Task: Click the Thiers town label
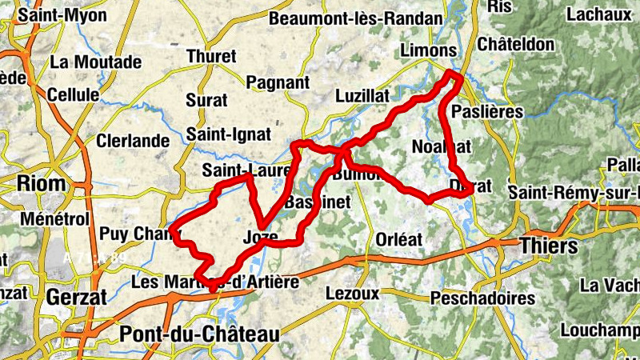(549, 246)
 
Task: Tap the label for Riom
(41, 183)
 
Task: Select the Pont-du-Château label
(199, 334)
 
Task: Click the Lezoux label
(353, 294)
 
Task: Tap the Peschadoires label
(482, 298)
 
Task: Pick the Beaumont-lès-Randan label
(356, 18)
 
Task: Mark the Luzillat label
(362, 95)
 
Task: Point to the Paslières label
(487, 111)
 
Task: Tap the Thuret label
(211, 56)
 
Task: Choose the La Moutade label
(95, 62)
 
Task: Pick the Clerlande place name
(133, 141)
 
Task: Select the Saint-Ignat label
(228, 134)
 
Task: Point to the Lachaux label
(599, 14)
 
